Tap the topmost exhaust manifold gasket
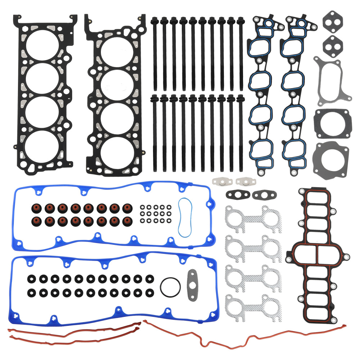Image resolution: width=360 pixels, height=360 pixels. click(253, 217)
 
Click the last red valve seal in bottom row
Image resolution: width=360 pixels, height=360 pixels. click(126, 220)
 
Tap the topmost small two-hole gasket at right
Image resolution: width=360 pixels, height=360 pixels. click(333, 22)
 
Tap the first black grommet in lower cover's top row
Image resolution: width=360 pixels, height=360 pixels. click(31, 279)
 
